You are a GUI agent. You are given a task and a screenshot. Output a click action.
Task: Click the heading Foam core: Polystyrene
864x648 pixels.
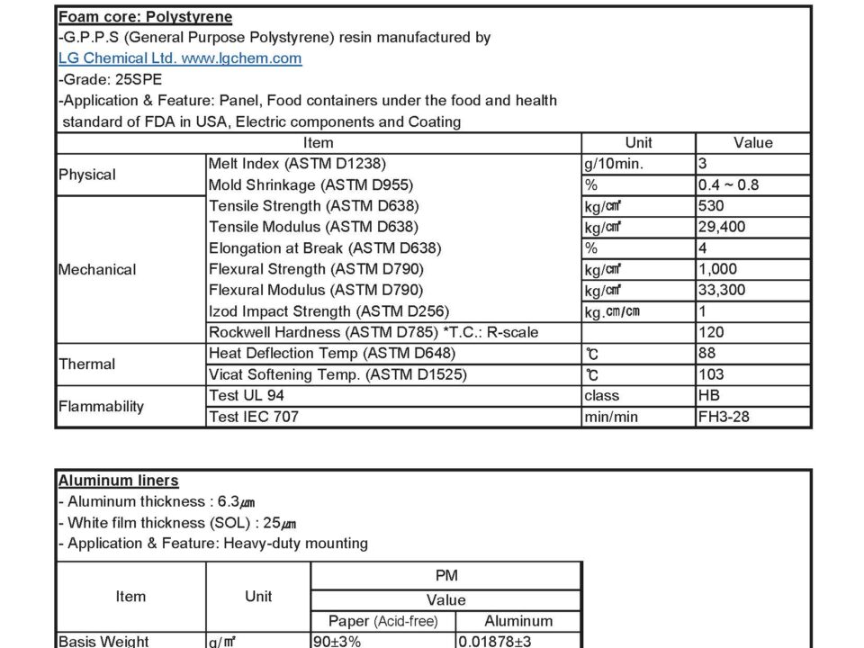(x=145, y=17)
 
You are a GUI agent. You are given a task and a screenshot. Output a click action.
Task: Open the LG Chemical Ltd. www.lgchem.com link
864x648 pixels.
(x=180, y=58)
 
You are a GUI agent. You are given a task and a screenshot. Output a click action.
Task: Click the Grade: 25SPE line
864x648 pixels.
(x=111, y=79)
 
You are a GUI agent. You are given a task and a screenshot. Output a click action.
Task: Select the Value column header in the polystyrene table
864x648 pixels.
(x=752, y=143)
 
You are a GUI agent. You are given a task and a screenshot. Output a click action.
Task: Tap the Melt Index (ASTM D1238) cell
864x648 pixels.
(x=297, y=164)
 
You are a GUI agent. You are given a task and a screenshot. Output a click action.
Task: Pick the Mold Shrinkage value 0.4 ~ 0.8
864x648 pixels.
(x=728, y=184)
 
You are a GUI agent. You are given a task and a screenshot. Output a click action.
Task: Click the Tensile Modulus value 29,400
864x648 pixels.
(x=722, y=227)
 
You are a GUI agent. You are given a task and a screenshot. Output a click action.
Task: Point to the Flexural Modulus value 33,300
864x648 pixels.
(x=722, y=290)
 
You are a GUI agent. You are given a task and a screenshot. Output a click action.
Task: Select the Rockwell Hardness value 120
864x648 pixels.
(x=711, y=332)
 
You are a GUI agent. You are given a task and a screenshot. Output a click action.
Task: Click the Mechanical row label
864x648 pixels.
(x=97, y=269)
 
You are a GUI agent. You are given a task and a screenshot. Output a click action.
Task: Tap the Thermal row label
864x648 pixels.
(x=87, y=364)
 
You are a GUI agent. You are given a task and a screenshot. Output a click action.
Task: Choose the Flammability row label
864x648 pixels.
(x=101, y=406)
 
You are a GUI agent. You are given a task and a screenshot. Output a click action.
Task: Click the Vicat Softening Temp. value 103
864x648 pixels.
(x=711, y=374)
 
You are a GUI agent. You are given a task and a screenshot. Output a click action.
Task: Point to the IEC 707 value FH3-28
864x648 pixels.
(x=724, y=417)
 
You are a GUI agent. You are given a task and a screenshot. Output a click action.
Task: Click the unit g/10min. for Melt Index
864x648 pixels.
(x=614, y=164)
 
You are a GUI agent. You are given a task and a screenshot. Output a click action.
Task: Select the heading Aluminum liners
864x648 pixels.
(x=118, y=481)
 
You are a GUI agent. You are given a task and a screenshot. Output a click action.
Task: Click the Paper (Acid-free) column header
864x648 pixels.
(x=382, y=621)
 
